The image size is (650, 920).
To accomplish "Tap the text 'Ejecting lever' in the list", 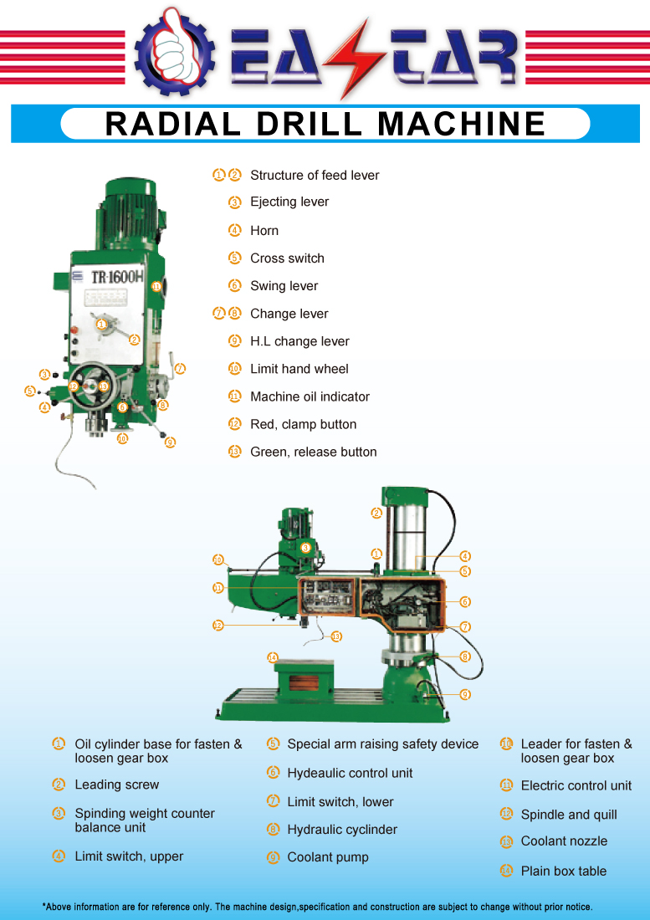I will coord(289,202).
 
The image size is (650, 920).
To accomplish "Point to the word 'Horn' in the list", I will coord(264,230).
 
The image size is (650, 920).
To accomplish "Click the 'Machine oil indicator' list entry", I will coord(310,396).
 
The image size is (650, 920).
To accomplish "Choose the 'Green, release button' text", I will coord(313,452).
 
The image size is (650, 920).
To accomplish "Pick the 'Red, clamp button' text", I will coord(303,424).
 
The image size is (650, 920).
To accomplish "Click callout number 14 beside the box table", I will coord(272,657).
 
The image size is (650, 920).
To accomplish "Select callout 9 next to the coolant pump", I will coord(465,694).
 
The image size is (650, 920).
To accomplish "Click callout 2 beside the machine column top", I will coord(376,513).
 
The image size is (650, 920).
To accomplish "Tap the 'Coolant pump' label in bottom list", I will coord(327,857).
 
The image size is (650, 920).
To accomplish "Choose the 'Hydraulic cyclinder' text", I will coord(342,830).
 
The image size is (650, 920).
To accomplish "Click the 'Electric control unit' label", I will coord(576,785).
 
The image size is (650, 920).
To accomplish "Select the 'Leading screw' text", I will coord(116,785).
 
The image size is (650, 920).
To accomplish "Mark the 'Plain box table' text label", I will coord(563,871).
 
